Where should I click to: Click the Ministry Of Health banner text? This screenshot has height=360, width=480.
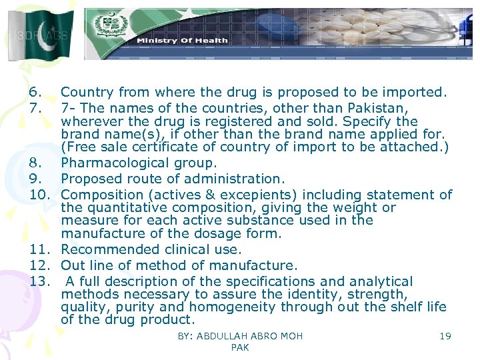click(x=182, y=40)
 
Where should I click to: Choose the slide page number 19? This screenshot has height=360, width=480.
click(x=445, y=336)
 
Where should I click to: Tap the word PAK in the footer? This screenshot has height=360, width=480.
click(x=239, y=348)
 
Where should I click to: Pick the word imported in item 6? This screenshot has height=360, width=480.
click(x=413, y=92)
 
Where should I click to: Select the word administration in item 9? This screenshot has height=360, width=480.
click(x=239, y=179)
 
